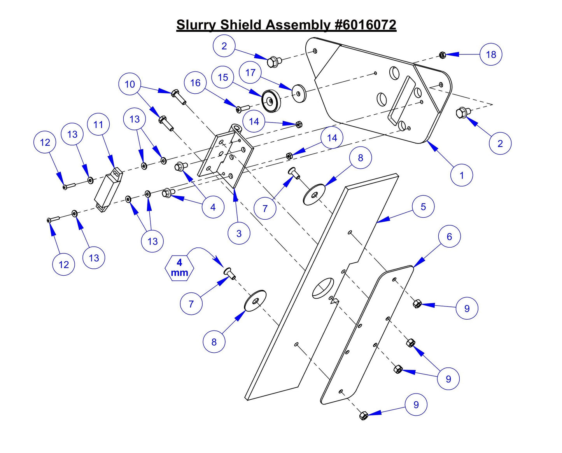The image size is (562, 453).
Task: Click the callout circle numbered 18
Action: click(491, 54)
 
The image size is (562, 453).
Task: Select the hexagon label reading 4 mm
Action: click(179, 268)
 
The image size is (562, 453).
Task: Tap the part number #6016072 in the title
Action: click(365, 25)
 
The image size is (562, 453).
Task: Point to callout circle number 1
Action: click(462, 175)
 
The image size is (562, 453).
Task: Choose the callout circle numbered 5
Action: click(423, 207)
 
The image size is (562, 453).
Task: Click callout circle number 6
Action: click(449, 236)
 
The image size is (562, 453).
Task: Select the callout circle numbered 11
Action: click(98, 125)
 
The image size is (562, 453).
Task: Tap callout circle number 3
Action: click(239, 234)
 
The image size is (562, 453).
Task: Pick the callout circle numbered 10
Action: click(130, 84)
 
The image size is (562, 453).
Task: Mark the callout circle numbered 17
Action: click(250, 73)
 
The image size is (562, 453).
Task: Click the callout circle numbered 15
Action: click(223, 77)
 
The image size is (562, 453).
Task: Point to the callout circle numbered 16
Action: click(195, 83)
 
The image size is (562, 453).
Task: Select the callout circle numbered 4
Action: click(213, 207)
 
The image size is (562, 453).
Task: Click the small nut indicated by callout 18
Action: click(442, 55)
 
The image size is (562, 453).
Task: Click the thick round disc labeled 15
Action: click(271, 101)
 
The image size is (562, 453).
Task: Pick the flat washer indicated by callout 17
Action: click(299, 93)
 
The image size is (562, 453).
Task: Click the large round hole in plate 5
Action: click(323, 288)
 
